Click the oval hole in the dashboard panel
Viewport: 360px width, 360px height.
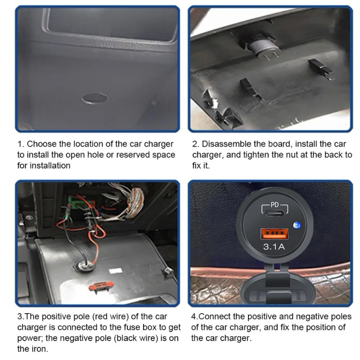(x=94, y=98)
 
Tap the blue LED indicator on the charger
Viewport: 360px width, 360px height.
(x=297, y=225)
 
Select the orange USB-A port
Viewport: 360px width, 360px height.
(x=274, y=234)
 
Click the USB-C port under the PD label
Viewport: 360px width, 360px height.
(x=274, y=213)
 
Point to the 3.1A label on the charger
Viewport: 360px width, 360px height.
(x=274, y=247)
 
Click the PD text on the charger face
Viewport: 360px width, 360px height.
(x=274, y=205)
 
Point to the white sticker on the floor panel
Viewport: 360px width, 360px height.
(x=116, y=271)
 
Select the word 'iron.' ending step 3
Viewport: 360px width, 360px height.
(x=40, y=349)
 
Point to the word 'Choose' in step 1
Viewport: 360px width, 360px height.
(x=41, y=144)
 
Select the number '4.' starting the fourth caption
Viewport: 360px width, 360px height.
(x=194, y=317)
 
